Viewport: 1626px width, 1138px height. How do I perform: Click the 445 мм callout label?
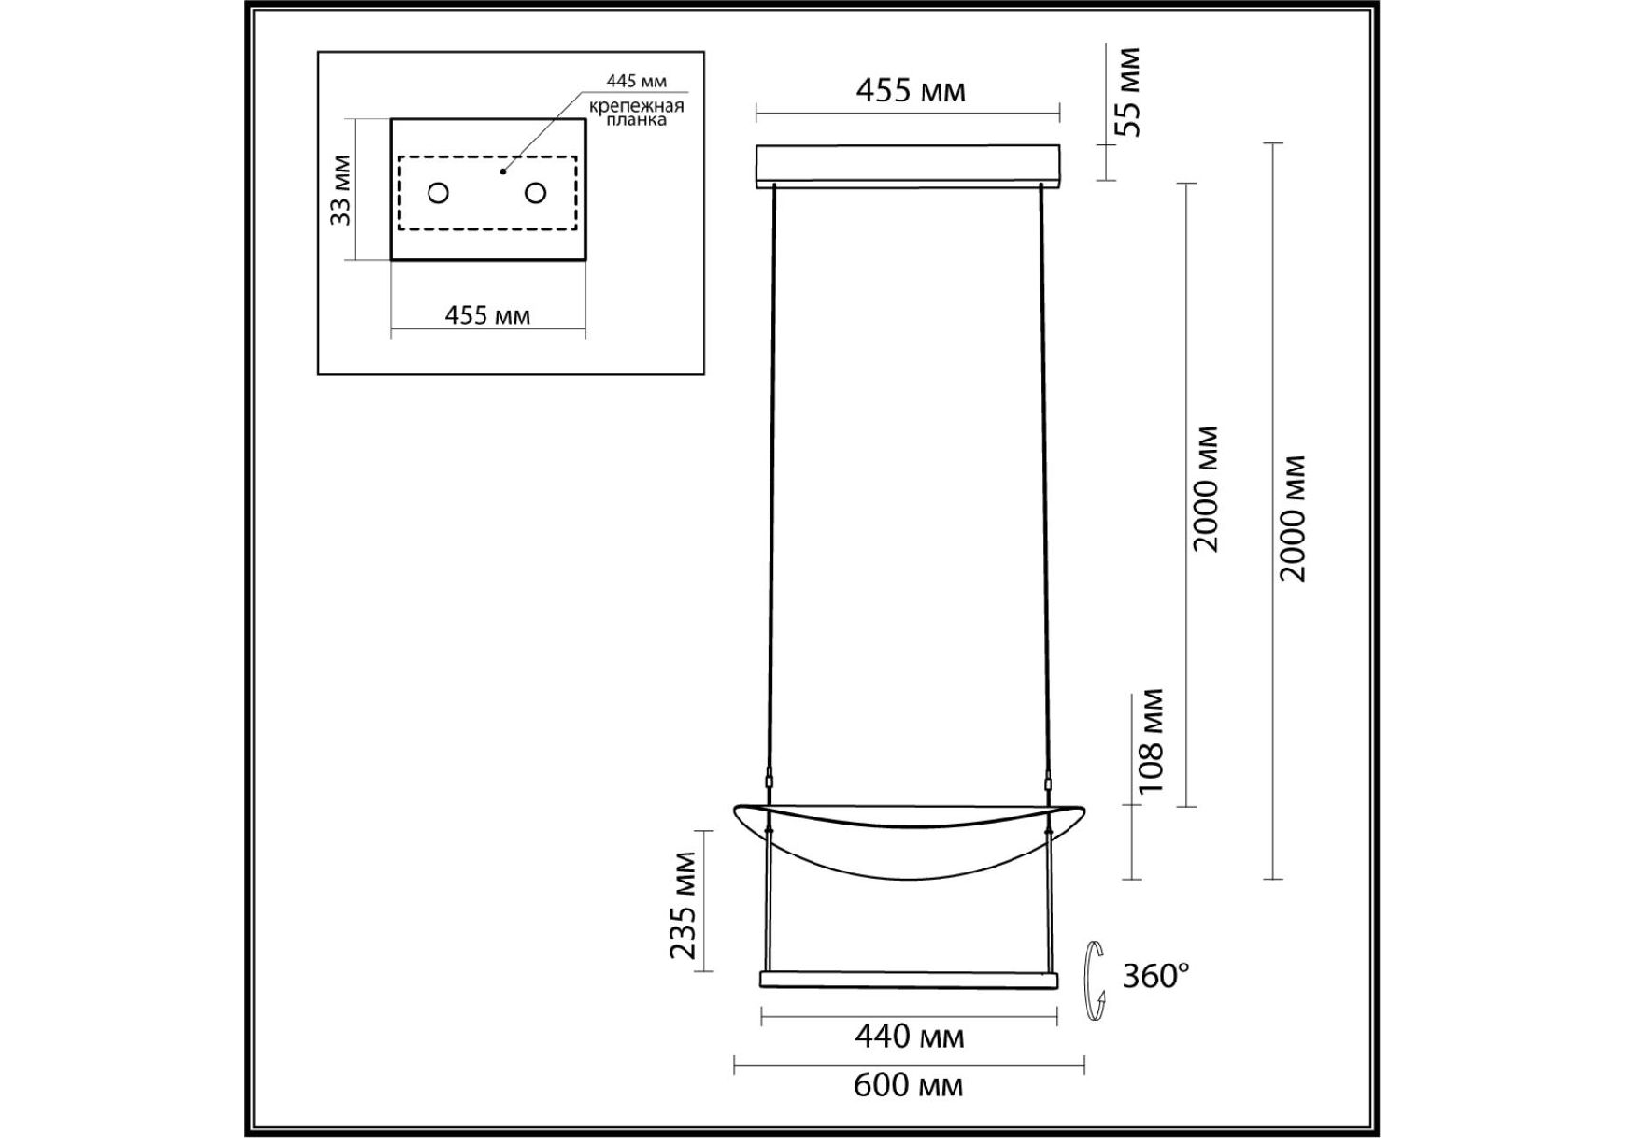636,82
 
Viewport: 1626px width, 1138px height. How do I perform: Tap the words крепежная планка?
636,113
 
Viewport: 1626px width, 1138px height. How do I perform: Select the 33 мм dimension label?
341,190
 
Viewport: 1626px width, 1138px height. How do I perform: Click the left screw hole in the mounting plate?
438,193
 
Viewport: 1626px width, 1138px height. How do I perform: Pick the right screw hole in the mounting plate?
536,193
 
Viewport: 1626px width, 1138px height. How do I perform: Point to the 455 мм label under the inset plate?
487,315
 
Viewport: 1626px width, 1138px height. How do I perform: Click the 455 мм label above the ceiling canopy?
910,90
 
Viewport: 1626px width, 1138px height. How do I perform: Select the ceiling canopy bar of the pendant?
907,165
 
